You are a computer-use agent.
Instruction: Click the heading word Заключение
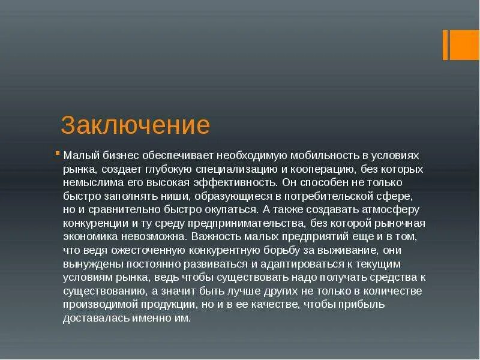(135, 125)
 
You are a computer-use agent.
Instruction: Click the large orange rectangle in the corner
(465, 44)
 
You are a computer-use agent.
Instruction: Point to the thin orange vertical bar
(445, 44)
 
